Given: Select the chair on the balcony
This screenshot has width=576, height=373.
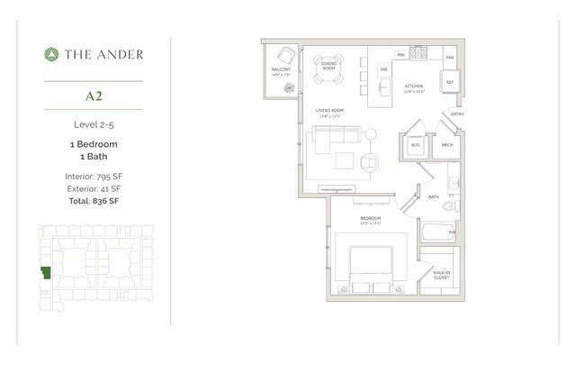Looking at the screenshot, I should [x=286, y=55].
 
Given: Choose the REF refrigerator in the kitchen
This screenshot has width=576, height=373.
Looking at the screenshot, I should [x=449, y=82].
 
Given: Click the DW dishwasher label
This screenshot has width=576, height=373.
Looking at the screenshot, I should [x=383, y=69].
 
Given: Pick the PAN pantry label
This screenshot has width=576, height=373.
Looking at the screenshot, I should [x=449, y=56].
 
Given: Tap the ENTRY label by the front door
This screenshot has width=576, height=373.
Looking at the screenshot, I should [x=457, y=114].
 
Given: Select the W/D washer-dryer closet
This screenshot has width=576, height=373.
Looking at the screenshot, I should [x=416, y=143].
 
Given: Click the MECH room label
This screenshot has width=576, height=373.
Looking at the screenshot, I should [x=447, y=143].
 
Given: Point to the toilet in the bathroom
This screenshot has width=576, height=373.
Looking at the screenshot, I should [x=456, y=206].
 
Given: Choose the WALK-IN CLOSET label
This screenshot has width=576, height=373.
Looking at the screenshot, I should [x=441, y=275].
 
